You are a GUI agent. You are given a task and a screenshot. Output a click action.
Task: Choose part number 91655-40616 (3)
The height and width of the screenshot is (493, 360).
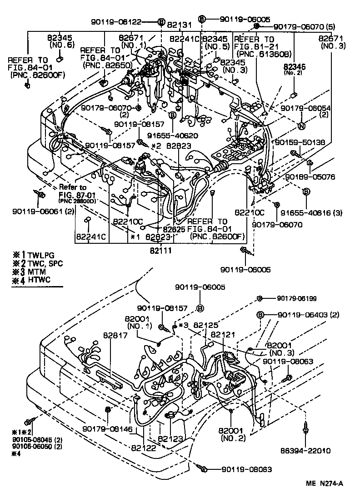pyautogui.click(x=311, y=212)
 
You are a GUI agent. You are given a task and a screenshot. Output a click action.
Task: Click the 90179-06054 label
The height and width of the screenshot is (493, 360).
pyautogui.click(x=305, y=108)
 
